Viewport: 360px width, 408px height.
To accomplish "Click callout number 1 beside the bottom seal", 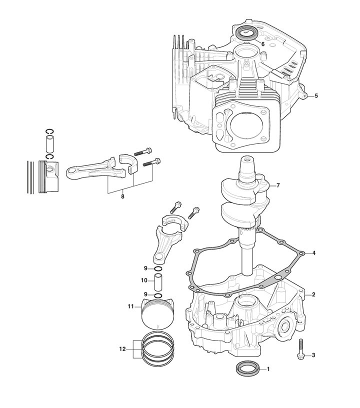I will pyautogui.click(x=268, y=369).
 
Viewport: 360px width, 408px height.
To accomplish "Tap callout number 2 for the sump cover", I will pyautogui.click(x=313, y=294).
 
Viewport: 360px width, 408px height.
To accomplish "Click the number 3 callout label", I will pyautogui.click(x=313, y=355).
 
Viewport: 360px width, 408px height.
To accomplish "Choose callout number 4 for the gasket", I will pyautogui.click(x=313, y=253).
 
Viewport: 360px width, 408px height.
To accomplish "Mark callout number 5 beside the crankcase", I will pyautogui.click(x=316, y=95).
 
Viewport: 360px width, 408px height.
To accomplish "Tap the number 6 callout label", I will pyautogui.click(x=263, y=44).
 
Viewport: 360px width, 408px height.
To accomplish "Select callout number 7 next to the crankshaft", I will pyautogui.click(x=278, y=185).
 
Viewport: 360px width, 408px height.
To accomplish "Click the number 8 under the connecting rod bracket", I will pyautogui.click(x=122, y=196).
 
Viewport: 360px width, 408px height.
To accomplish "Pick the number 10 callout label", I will pyautogui.click(x=143, y=280).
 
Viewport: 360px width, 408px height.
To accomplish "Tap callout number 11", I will pyautogui.click(x=130, y=306).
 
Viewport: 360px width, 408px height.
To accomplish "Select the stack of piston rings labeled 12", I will pyautogui.click(x=157, y=348).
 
